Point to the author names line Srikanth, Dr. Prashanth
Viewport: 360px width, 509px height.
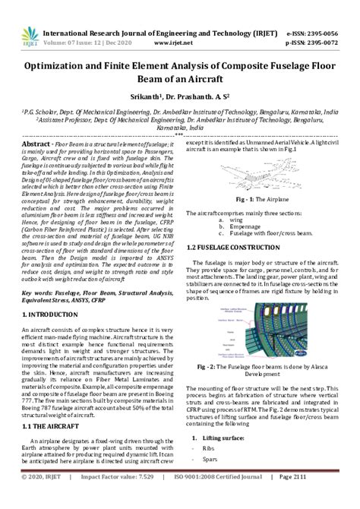[x=180, y=98]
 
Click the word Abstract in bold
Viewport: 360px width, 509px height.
[x=36, y=144]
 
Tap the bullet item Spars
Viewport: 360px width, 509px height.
[x=210, y=459]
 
